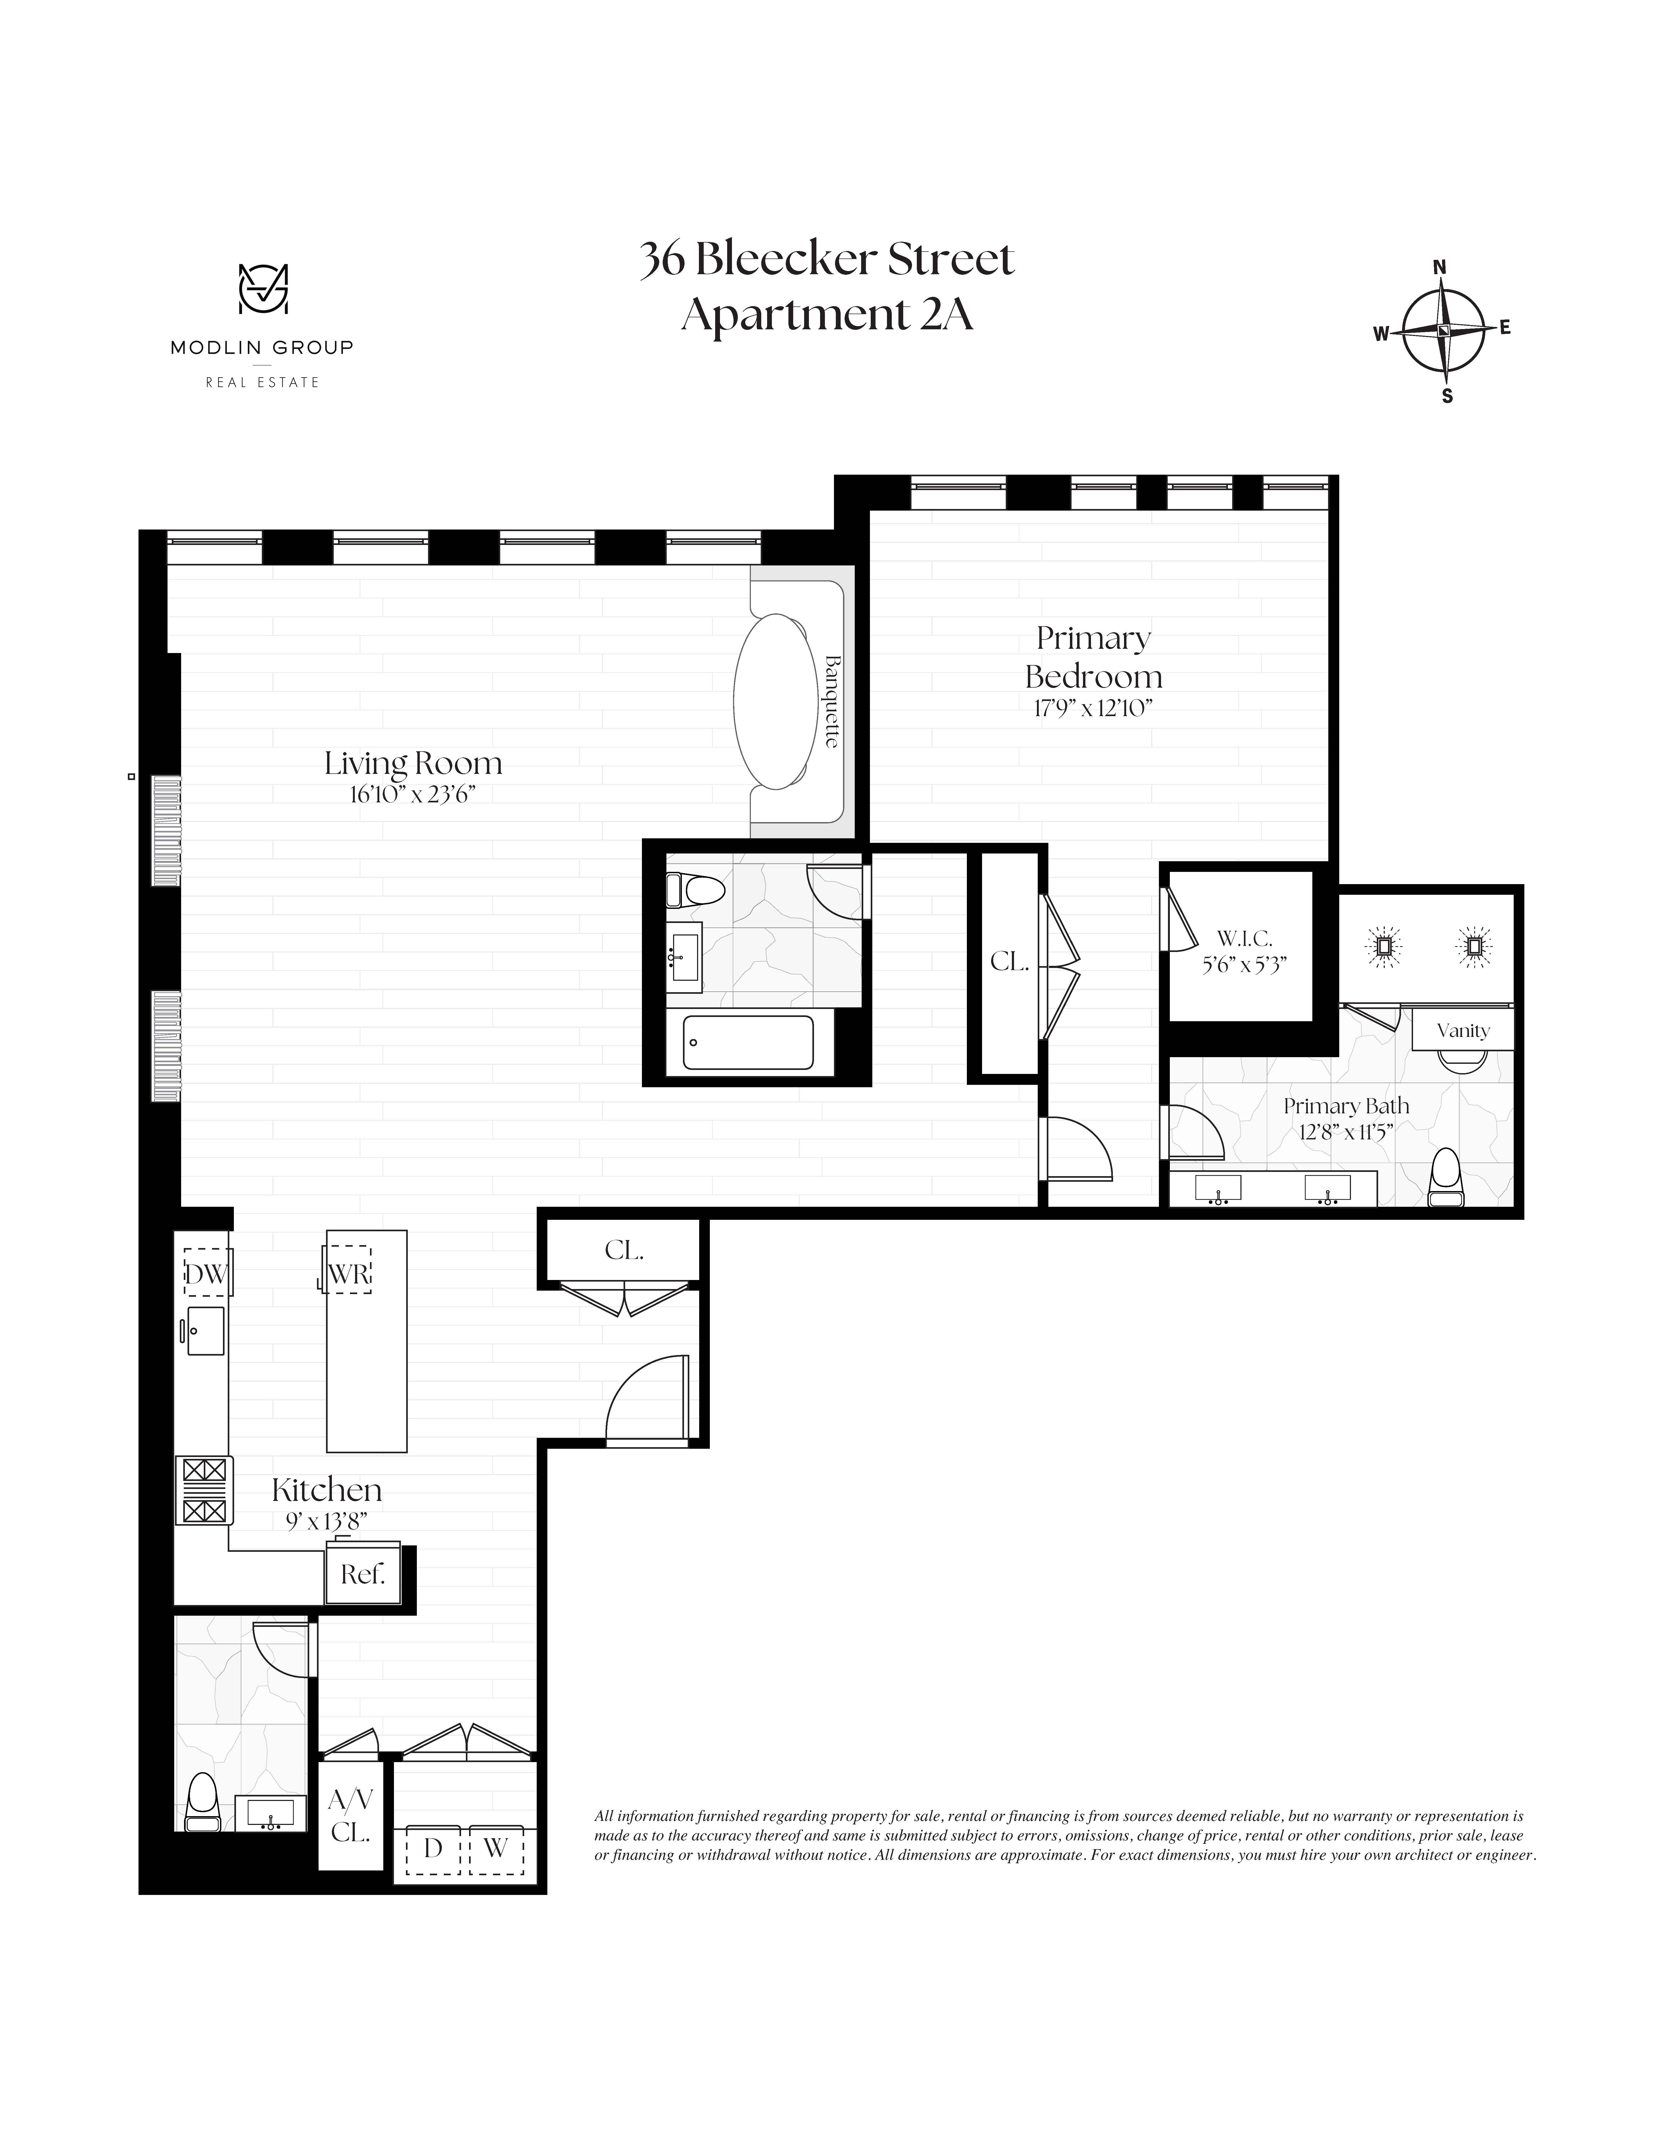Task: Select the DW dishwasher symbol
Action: (207, 1274)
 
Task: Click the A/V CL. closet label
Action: (350, 1816)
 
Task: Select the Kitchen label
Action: (326, 1490)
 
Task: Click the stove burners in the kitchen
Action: (205, 1490)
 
